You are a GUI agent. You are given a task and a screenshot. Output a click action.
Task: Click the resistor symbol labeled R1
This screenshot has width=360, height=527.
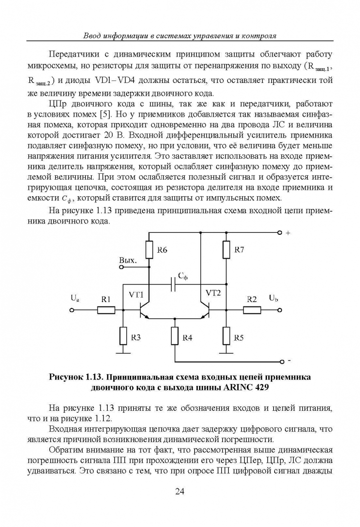tap(106, 309)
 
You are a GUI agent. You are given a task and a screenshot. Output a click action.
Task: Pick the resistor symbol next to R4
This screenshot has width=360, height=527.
tap(175, 336)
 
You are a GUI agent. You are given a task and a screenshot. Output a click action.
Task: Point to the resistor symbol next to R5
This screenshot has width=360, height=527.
tap(226, 335)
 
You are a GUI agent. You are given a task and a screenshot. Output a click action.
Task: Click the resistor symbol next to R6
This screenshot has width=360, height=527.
tap(148, 249)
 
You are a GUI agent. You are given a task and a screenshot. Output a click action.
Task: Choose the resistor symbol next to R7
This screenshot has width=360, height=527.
tap(226, 249)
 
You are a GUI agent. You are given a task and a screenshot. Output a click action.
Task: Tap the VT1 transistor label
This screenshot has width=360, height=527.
tap(136, 295)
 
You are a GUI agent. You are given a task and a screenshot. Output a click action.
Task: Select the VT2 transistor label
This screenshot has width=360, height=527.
tap(213, 293)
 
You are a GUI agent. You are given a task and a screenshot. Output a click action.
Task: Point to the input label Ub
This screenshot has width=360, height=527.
tap(274, 297)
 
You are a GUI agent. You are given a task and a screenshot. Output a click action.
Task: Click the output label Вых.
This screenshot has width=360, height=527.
tap(127, 261)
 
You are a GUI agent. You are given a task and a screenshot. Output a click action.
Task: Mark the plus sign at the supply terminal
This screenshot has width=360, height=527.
tap(288, 233)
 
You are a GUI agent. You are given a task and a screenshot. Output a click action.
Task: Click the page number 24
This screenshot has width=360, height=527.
tap(180, 491)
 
